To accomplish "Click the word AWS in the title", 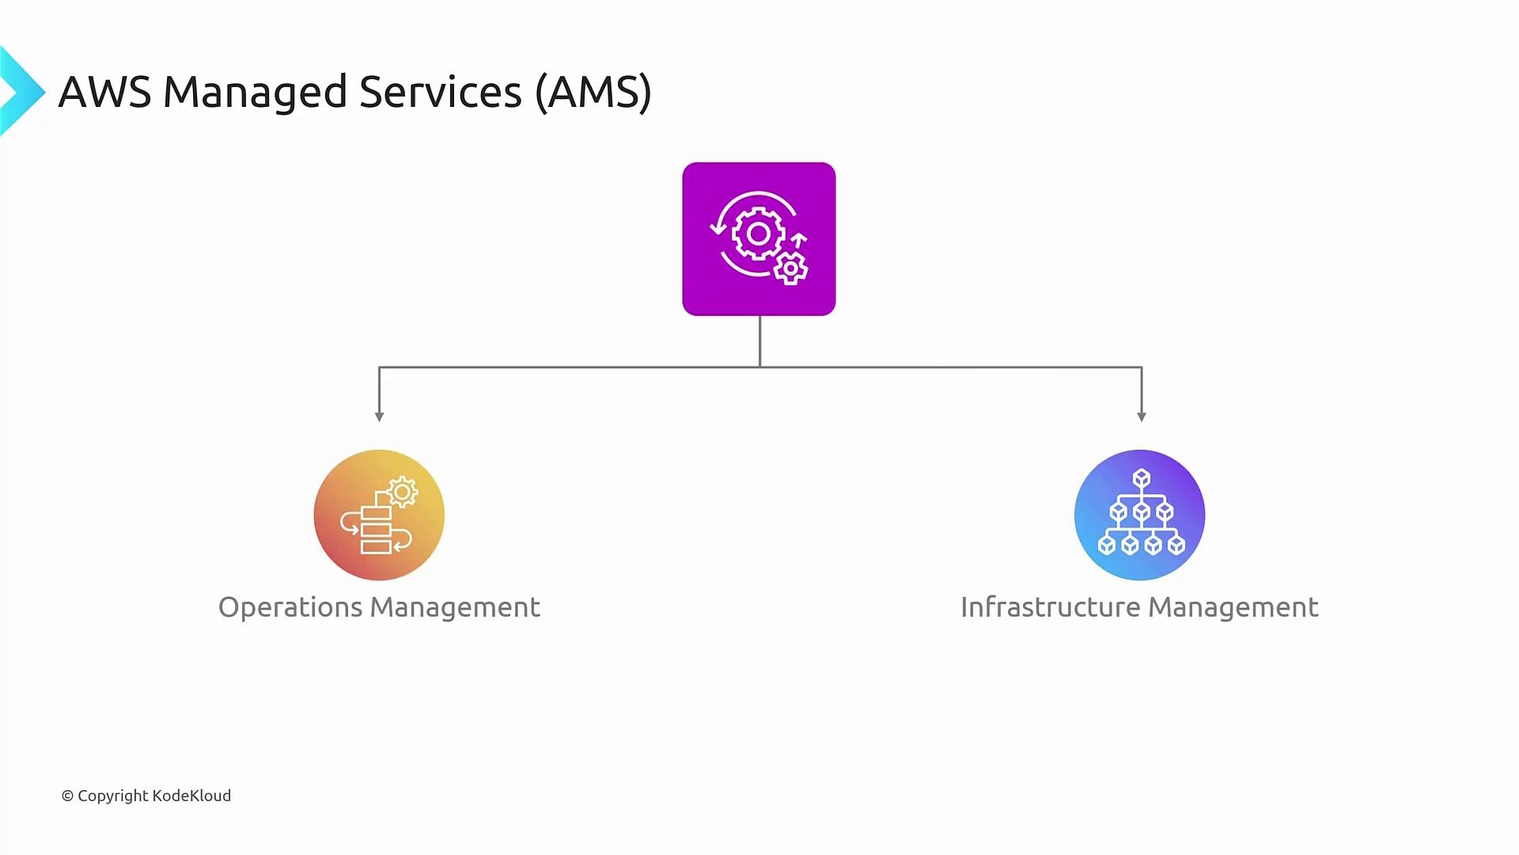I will pyautogui.click(x=104, y=92).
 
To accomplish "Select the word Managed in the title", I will pyautogui.click(x=255, y=92).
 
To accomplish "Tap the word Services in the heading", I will pyautogui.click(x=440, y=92).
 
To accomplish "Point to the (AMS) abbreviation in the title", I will pyautogui.click(x=593, y=92).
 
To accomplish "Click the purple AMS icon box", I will pyautogui.click(x=759, y=239).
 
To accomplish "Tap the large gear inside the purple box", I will pyautogui.click(x=758, y=234).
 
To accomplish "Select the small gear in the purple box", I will pyautogui.click(x=790, y=268).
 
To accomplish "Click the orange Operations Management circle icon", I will pyautogui.click(x=379, y=515).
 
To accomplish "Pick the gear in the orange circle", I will pyautogui.click(x=403, y=492).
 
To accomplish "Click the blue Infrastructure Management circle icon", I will pyautogui.click(x=1139, y=515).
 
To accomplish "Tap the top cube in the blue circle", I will pyautogui.click(x=1141, y=478).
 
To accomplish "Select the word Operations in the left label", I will pyautogui.click(x=290, y=607).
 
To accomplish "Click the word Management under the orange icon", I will pyautogui.click(x=455, y=607).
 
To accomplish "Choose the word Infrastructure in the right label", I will pyautogui.click(x=1051, y=607).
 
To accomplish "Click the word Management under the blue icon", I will pyautogui.click(x=1233, y=607).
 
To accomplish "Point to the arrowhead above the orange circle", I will pyautogui.click(x=379, y=416).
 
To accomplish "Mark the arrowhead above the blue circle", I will pyautogui.click(x=1141, y=416).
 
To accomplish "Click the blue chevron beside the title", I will pyautogui.click(x=21, y=91).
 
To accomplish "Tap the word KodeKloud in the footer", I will pyautogui.click(x=191, y=796).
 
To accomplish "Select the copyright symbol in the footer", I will pyautogui.click(x=67, y=796).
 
